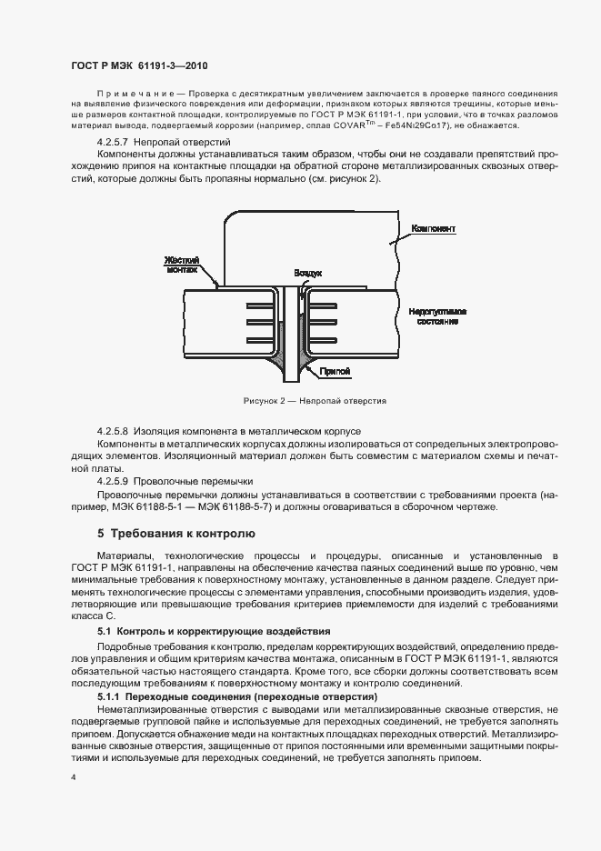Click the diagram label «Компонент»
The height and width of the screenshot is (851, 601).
click(x=433, y=228)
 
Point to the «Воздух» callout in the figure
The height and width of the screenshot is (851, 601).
click(x=309, y=273)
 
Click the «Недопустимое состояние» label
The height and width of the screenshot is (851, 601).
click(x=438, y=316)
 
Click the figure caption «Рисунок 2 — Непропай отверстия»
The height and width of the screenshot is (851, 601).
click(x=315, y=400)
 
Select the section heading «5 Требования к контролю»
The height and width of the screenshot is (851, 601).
click(x=164, y=533)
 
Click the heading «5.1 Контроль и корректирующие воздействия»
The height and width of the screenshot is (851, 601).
click(x=214, y=630)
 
